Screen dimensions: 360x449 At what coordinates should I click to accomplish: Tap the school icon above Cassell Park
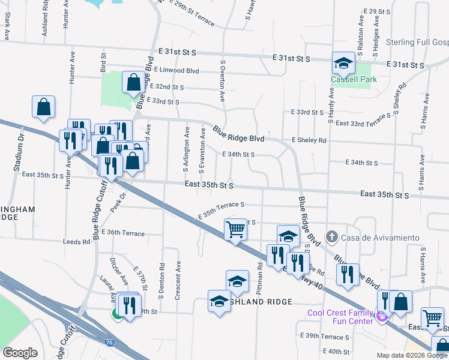click(x=344, y=62)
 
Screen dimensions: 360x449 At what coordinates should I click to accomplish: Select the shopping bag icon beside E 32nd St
click(x=133, y=82)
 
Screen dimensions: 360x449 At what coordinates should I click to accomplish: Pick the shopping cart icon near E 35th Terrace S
click(x=235, y=229)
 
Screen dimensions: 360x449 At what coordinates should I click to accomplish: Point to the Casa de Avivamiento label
click(x=380, y=238)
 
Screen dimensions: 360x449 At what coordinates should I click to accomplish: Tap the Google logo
click(x=20, y=353)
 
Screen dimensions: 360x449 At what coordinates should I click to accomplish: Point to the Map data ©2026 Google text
click(x=412, y=355)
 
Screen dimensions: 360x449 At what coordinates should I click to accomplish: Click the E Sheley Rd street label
click(x=309, y=140)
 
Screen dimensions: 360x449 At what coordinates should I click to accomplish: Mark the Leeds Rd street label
click(x=76, y=242)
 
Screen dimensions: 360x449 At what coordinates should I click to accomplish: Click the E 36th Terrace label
click(x=123, y=233)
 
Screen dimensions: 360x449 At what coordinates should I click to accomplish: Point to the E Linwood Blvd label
click(x=176, y=71)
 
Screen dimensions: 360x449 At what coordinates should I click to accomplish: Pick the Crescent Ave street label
click(x=178, y=280)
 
